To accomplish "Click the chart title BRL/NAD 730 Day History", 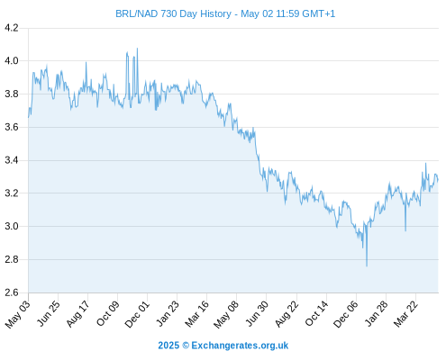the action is [x=173, y=13].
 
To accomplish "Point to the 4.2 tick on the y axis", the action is [x=12, y=28].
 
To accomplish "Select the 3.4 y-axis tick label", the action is [x=12, y=160].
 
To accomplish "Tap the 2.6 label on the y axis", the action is [x=12, y=292].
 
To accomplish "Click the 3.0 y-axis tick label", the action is [x=12, y=226].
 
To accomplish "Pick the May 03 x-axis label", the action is [x=17, y=314].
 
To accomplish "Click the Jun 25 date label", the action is [x=48, y=313].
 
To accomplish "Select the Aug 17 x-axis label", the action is [x=77, y=313].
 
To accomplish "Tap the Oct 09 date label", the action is [x=107, y=313].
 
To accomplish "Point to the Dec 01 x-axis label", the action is [x=137, y=314].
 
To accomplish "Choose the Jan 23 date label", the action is [x=167, y=313].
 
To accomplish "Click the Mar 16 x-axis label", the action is [x=196, y=313].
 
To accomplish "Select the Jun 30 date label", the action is [x=256, y=313].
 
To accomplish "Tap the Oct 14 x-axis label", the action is [x=316, y=313].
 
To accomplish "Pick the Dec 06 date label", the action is [x=345, y=314].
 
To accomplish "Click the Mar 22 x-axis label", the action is [x=405, y=313].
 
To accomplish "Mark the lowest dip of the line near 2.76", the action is [x=367, y=265].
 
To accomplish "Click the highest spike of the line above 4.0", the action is [x=137, y=49].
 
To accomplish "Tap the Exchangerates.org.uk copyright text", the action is [x=223, y=346].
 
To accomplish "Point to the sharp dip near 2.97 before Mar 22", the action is [x=405, y=230].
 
